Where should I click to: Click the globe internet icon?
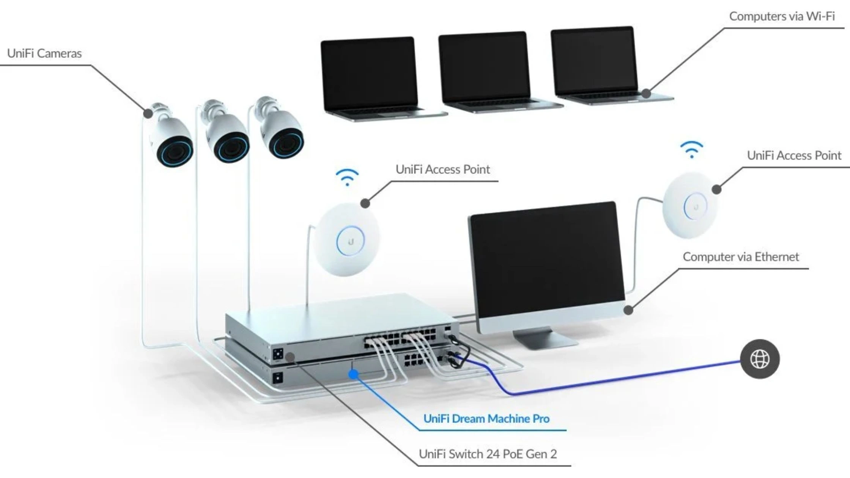760,359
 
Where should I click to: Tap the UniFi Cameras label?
44,53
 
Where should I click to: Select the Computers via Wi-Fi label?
782,16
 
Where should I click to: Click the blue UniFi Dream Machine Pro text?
486,419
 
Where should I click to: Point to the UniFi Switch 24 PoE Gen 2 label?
488,454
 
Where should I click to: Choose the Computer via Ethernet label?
741,257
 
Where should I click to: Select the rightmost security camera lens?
286,145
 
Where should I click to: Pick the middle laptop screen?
484,68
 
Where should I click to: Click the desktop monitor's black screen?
546,258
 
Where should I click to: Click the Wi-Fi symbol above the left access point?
347,178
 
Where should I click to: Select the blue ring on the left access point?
350,241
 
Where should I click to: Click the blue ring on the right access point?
695,206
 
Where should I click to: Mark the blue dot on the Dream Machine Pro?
353,374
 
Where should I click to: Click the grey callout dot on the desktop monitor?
628,310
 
